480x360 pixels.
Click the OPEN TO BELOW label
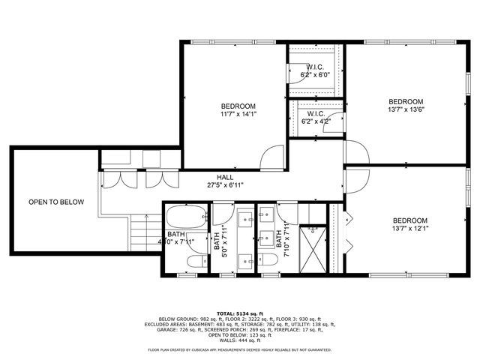click(x=56, y=202)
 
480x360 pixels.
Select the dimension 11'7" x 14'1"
click(x=238, y=115)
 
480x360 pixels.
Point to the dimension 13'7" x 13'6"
click(x=405, y=111)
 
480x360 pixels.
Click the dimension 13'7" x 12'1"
click(x=410, y=229)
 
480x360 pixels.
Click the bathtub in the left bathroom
click(x=184, y=218)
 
